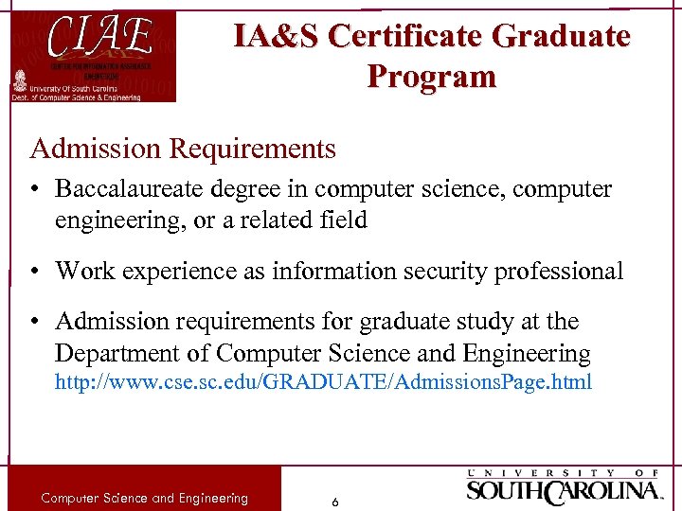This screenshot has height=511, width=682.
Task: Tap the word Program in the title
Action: pos(431,77)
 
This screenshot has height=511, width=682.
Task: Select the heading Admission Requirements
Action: pos(183,149)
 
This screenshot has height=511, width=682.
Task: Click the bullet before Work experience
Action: pos(35,272)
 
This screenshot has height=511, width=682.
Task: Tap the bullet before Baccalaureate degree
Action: pos(35,189)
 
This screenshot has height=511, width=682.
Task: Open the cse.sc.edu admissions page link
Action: pos(323,382)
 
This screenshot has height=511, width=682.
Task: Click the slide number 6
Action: pos(334,502)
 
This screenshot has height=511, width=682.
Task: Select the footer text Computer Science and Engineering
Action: pos(144,498)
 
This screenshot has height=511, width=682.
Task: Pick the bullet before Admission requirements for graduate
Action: pos(35,323)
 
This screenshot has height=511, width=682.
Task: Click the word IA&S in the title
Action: pos(277,36)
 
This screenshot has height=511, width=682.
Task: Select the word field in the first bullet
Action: pos(344,220)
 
